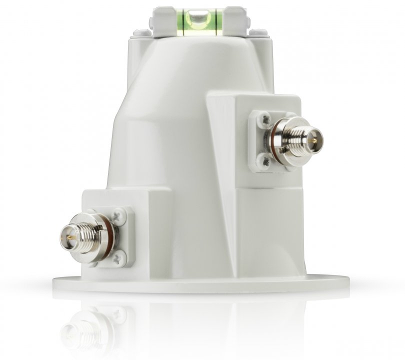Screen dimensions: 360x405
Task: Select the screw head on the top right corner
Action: [x=259, y=32]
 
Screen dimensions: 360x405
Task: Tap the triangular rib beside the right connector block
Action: [x=220, y=145]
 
